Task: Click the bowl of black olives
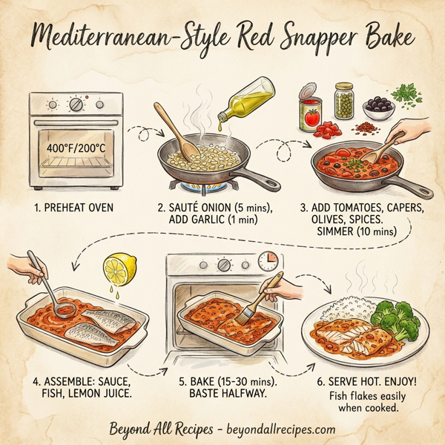(x=381, y=108)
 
